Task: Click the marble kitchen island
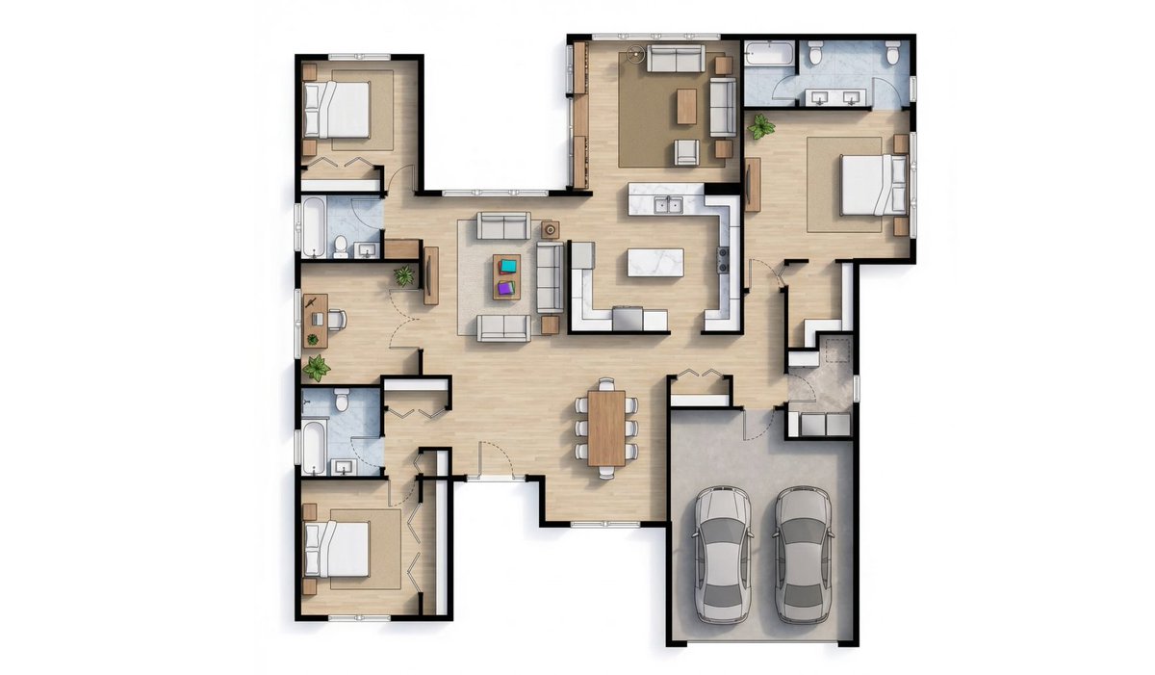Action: [x=655, y=261]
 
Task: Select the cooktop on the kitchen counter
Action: [x=723, y=257]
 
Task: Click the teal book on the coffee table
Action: [x=507, y=265]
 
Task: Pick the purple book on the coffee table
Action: [x=507, y=286]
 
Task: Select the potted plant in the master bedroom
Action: [x=761, y=126]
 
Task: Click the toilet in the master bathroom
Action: [x=814, y=54]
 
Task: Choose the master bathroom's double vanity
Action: [x=836, y=96]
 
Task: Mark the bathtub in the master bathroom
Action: [x=767, y=54]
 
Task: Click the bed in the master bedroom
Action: [x=871, y=184]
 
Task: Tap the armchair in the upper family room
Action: [x=687, y=151]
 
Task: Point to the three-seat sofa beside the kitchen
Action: [x=550, y=276]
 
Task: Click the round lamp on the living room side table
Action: [x=550, y=229]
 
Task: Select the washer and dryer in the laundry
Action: [x=819, y=425]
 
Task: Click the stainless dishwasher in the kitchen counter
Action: [x=629, y=317]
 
